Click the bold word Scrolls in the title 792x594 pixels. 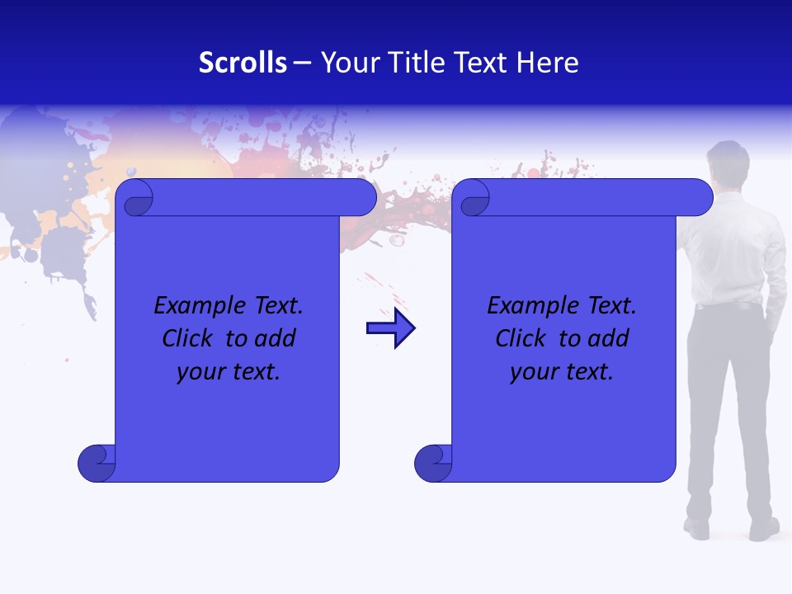(243, 63)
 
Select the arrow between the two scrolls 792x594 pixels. (390, 328)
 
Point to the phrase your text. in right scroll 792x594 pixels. (561, 372)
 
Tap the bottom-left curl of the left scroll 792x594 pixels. (97, 463)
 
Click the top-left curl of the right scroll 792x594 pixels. (474, 198)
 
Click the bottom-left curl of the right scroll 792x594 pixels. (433, 463)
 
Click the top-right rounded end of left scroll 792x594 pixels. (363, 198)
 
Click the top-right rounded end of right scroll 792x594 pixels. (700, 198)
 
